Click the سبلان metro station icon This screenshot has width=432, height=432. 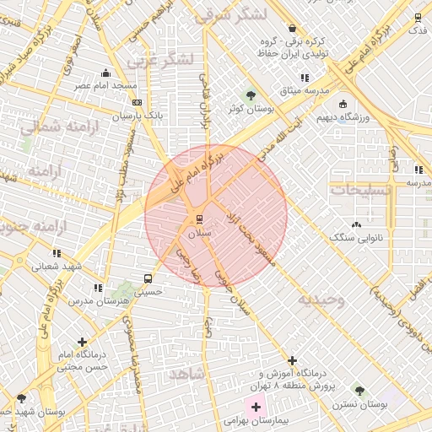coord(187,219)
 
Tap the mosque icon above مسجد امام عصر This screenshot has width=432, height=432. coord(105,73)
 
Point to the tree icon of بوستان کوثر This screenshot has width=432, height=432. coord(250,94)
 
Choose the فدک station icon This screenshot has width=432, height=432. coord(417,17)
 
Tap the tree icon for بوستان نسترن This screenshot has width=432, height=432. coord(360,391)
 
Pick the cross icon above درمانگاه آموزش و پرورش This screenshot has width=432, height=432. coord(293,360)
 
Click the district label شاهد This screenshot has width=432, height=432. coord(186,372)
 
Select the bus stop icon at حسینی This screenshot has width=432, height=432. coord(148,278)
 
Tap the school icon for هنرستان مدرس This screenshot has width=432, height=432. coord(99,288)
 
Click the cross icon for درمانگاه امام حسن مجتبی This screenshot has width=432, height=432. coord(82,342)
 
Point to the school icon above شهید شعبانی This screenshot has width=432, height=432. coord(56,252)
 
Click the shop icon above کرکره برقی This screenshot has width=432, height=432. coord(292,27)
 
